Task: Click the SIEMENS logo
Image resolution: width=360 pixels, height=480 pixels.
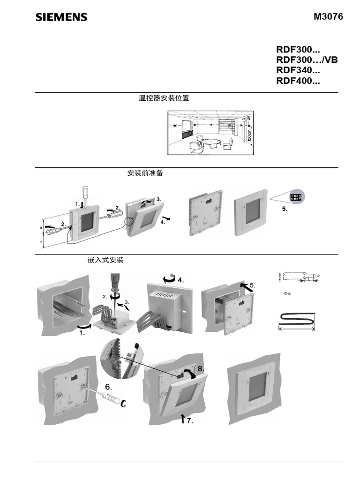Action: (61, 17)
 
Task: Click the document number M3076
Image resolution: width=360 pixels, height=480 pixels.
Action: (328, 17)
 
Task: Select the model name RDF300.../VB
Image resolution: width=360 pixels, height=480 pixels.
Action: (307, 60)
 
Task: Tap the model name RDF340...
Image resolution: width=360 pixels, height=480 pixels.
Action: (298, 71)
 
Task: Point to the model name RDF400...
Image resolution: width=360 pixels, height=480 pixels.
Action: (298, 82)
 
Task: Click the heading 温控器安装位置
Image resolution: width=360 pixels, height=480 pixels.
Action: (164, 98)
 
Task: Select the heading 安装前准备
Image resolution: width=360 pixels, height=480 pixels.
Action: (145, 173)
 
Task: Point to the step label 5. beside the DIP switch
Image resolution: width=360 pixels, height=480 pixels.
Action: (285, 209)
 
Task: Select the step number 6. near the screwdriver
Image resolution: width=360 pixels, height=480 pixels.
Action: (108, 387)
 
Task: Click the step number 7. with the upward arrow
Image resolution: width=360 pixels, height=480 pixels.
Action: (189, 421)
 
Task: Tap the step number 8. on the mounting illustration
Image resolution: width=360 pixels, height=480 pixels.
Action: (201, 369)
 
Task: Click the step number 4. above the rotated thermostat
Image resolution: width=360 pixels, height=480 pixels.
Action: (180, 280)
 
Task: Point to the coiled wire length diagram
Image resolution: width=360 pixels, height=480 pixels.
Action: (297, 321)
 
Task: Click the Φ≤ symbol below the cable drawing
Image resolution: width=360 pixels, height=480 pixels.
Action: (287, 293)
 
